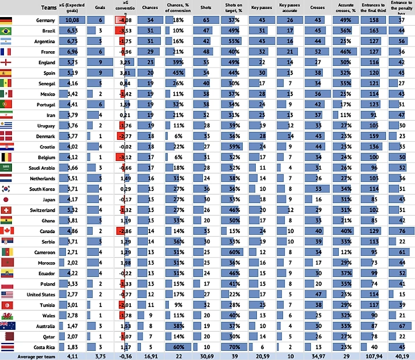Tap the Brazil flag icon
click(7, 31)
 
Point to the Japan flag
click(7, 200)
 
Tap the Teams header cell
click(46, 9)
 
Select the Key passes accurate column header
click(290, 9)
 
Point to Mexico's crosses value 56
click(319, 94)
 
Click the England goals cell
click(99, 63)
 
